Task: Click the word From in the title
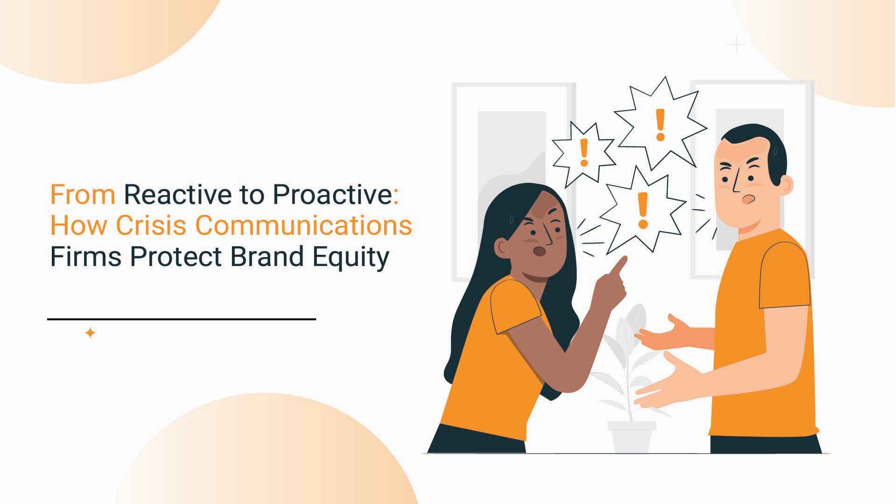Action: pos(83,195)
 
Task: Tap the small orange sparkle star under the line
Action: pos(91,333)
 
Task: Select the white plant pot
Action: pos(631,438)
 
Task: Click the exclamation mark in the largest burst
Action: pos(660,125)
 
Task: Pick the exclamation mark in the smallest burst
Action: pos(583,152)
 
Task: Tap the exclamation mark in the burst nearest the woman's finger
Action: pos(643,210)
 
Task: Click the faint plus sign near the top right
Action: pos(736,45)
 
